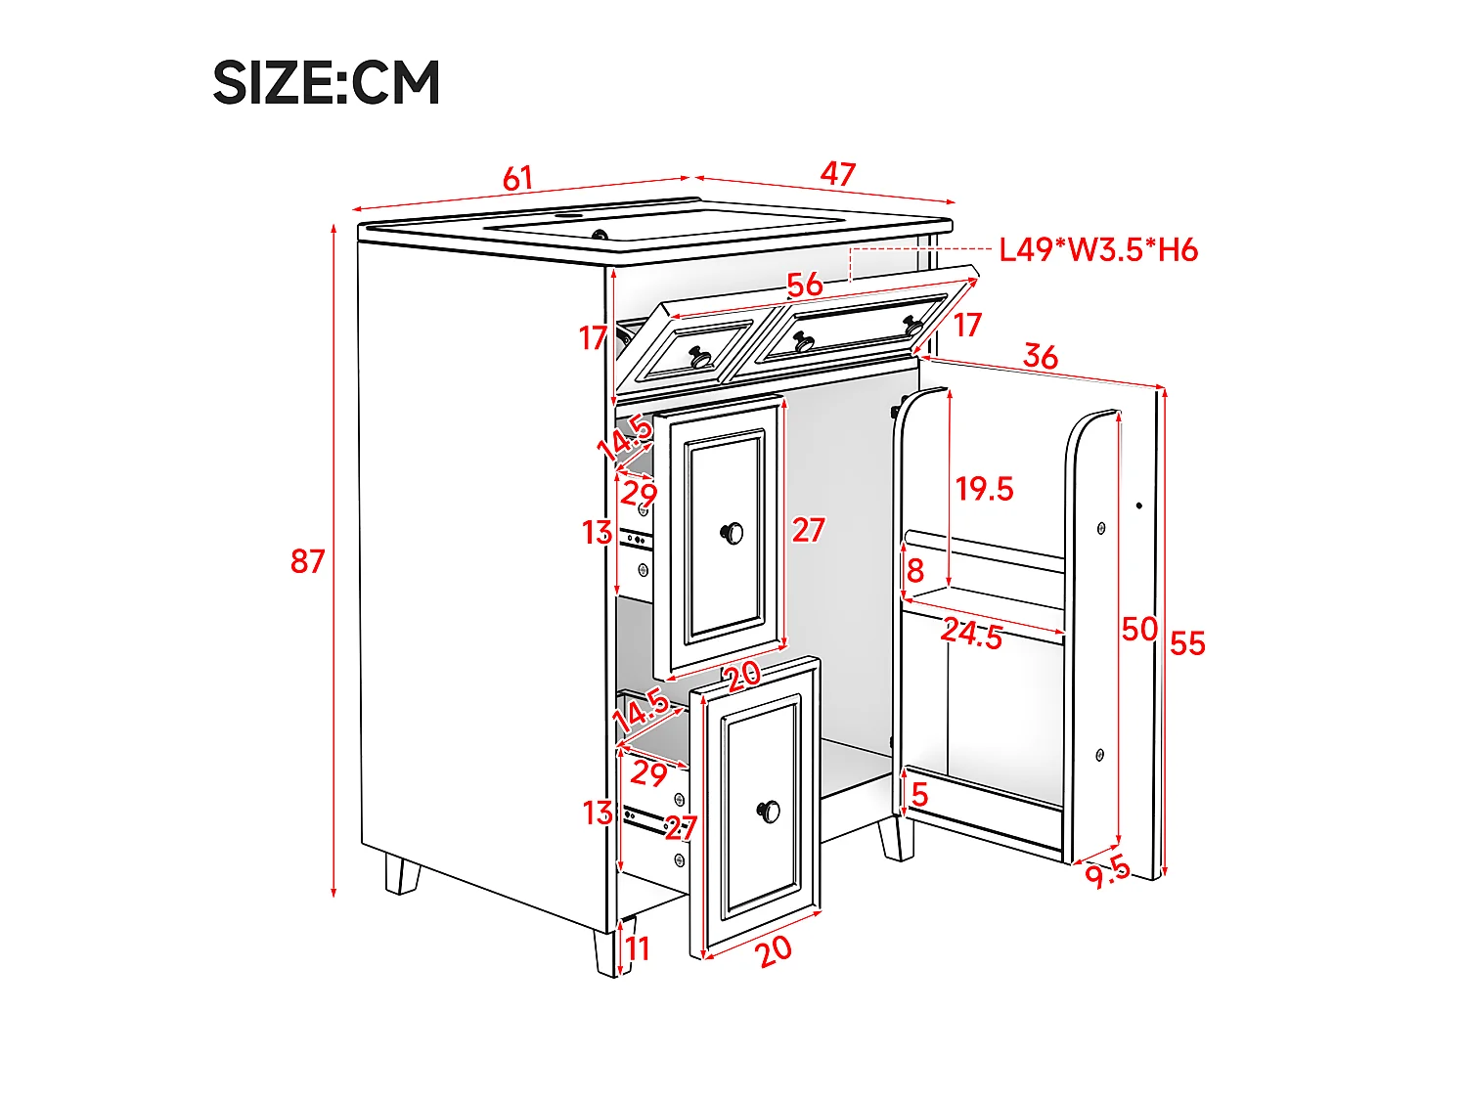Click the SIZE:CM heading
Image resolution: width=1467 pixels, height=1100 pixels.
(326, 82)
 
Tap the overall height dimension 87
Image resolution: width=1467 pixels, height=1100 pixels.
(307, 561)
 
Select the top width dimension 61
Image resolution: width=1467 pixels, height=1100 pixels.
(518, 178)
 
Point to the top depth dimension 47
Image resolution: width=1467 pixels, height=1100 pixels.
(838, 174)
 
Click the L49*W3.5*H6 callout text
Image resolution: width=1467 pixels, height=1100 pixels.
(1098, 250)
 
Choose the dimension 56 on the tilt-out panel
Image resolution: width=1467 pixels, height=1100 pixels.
(805, 285)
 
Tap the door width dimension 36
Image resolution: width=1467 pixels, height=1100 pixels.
(1041, 357)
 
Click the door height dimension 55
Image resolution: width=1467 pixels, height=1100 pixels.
(1187, 643)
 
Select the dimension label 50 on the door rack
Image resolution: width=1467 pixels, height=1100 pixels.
(1139, 629)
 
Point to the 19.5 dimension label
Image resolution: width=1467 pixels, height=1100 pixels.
(985, 489)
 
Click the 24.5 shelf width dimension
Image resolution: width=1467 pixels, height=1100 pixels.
(972, 634)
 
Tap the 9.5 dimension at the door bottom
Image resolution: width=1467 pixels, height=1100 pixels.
(1107, 873)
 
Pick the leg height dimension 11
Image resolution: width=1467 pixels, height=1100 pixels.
(638, 948)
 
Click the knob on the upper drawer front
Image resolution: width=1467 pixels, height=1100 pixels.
(732, 533)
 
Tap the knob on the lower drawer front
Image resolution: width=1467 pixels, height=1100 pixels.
(769, 811)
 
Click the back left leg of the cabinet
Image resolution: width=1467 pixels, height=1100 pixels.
(401, 874)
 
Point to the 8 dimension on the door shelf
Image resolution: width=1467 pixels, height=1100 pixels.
(915, 570)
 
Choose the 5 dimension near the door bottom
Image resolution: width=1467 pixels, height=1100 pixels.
(919, 795)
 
